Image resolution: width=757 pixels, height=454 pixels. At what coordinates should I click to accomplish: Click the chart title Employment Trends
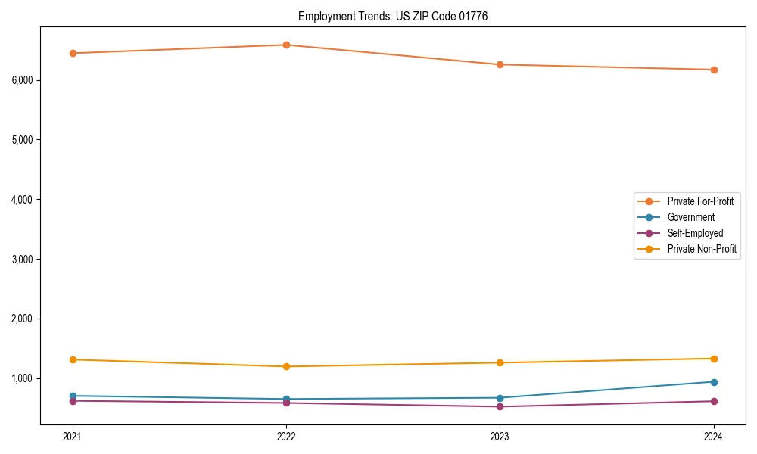tap(392, 16)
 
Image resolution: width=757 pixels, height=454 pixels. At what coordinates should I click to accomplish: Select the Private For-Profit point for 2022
tap(286, 45)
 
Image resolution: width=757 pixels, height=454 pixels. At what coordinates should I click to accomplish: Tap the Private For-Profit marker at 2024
tap(714, 70)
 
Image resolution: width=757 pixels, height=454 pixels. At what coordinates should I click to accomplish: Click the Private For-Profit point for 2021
tap(73, 53)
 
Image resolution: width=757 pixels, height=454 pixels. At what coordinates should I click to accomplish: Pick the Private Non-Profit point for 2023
tap(500, 362)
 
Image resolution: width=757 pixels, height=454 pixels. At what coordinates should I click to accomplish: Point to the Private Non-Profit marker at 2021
tap(73, 359)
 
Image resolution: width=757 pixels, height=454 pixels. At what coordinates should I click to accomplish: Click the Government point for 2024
tap(714, 381)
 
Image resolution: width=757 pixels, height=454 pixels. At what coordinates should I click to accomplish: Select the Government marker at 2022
tap(286, 399)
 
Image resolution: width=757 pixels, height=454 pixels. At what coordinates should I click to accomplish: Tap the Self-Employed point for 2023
tap(500, 406)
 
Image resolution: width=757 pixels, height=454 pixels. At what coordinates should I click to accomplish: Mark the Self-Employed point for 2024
tap(714, 401)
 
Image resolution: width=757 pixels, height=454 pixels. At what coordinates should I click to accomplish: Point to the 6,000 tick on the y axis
tap(26, 80)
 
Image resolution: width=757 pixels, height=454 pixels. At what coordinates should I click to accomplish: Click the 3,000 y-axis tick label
tap(26, 259)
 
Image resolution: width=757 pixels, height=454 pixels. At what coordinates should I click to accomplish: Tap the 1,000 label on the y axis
tap(26, 378)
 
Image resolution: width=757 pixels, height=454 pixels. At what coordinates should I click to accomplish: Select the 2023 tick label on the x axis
tap(500, 436)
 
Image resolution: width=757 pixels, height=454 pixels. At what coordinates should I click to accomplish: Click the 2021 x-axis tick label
tap(73, 436)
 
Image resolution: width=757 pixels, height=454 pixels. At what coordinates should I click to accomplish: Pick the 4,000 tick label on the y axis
tap(26, 200)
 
